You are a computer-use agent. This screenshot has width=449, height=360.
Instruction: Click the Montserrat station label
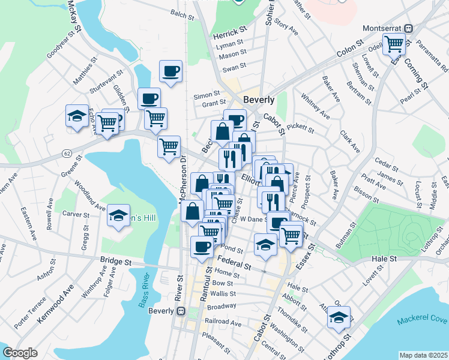(384, 28)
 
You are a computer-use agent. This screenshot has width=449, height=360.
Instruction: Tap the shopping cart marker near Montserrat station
(394, 43)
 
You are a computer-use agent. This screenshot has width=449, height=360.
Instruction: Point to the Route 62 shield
(66, 153)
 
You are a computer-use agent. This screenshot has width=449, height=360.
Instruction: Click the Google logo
(20, 353)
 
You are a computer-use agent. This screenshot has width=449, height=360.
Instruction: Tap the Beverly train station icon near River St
(179, 311)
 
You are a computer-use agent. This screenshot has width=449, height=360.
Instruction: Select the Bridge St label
(116, 262)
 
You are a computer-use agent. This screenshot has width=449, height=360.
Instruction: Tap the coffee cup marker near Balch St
(170, 71)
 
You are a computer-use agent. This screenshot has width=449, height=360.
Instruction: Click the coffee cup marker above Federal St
(202, 246)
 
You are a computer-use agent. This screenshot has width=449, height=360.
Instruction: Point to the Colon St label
(351, 50)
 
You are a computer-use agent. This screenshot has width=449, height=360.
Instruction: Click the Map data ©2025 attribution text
(424, 355)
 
